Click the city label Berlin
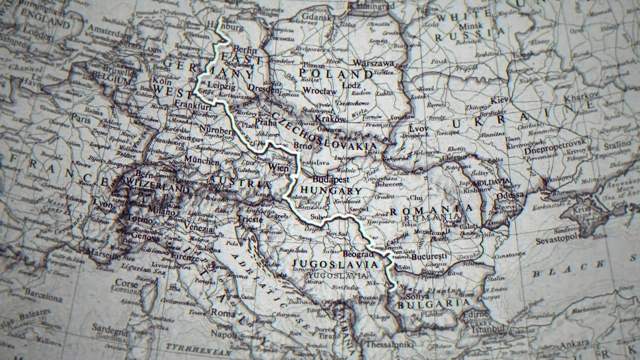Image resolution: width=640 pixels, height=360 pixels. coord(245,50)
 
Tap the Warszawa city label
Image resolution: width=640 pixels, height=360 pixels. coord(373,63)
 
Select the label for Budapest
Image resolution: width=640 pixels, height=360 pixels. coord(331,179)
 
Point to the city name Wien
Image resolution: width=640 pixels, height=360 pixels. coord(278,167)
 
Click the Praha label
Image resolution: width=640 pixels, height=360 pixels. coord(265,122)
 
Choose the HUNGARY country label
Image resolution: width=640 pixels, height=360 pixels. coord(331,191)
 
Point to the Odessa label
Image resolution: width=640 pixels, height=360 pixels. coord(510,195)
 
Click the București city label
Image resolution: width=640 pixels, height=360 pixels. coord(429,257)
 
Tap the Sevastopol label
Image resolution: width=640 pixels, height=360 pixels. coord(557,240)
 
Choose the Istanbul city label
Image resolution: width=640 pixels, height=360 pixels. coord(489,329)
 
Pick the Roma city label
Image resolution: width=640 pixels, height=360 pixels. coord(223,312)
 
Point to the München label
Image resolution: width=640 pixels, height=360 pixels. coord(202,160)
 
